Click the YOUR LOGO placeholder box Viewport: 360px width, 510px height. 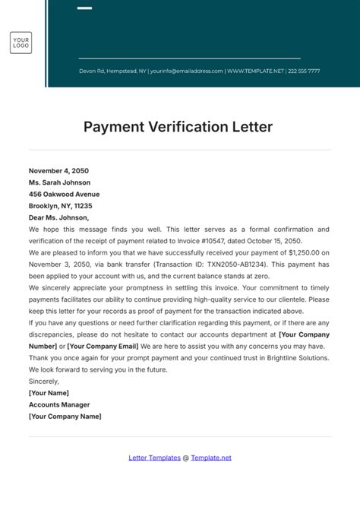pos(21,43)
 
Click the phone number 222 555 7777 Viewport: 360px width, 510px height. pos(304,71)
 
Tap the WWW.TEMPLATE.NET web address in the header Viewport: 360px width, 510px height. pos(255,71)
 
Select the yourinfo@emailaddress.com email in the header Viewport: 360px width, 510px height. pos(187,71)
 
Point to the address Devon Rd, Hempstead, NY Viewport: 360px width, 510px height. pos(112,71)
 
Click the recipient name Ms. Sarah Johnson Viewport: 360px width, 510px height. pos(59,182)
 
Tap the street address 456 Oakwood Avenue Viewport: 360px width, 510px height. pos(64,194)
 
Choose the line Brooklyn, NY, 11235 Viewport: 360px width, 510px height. pos(60,205)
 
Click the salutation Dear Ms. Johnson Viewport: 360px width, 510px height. pos(58,217)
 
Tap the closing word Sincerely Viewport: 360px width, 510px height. pos(43,381)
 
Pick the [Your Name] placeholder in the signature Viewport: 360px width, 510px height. pos(49,393)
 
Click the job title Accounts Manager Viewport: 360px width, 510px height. pos(60,404)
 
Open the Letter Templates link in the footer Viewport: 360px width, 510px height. pos(155,458)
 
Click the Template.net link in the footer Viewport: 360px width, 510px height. pos(211,458)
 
